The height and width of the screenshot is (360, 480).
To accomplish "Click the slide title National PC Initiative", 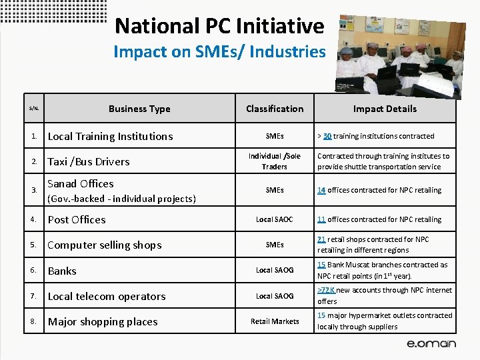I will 219,26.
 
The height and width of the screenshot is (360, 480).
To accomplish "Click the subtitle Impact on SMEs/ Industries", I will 219,51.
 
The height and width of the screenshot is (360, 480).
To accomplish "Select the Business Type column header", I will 139,109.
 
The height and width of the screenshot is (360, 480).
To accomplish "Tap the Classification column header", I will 275,109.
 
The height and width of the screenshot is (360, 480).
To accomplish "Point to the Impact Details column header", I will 385,109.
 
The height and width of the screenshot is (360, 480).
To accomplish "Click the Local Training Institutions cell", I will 110,136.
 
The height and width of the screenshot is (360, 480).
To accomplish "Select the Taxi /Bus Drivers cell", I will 89,161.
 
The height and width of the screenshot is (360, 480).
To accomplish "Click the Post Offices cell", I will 77,219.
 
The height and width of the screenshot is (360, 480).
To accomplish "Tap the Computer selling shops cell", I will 105,245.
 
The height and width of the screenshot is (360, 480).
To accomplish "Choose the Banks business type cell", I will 62,271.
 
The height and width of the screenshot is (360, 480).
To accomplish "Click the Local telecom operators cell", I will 107,296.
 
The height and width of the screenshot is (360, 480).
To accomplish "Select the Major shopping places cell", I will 103,321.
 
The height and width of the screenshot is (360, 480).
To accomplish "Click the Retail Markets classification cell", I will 275,321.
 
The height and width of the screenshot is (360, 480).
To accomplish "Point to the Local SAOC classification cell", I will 275,219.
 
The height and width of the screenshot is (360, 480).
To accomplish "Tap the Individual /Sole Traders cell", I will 275,161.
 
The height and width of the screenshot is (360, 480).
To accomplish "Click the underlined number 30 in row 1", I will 327,136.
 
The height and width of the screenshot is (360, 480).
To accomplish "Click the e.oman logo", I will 431,344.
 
